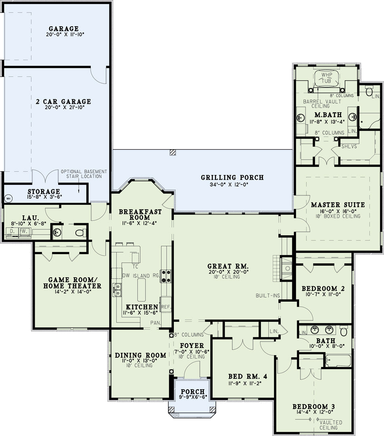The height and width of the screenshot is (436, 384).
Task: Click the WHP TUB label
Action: (326, 78)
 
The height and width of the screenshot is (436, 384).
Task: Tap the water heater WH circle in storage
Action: (8, 199)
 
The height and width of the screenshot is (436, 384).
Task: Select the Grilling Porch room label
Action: (232, 177)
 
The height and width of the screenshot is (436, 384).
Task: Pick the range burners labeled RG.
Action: (165, 277)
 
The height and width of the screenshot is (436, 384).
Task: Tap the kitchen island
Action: (141, 290)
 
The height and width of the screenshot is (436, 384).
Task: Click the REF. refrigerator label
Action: (166, 307)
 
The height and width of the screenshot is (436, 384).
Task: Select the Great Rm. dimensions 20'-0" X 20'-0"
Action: (228, 272)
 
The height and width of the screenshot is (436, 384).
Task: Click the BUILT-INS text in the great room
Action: (268, 296)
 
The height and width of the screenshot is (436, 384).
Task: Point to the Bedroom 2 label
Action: (323, 289)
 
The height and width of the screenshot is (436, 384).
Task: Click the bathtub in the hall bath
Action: (338, 361)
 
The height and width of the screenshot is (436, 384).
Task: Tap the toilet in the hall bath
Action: (344, 331)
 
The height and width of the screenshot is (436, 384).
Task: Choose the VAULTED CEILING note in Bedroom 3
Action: (330, 425)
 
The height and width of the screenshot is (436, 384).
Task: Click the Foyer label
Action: (192, 346)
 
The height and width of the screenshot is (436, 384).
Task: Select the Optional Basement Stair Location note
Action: (84, 174)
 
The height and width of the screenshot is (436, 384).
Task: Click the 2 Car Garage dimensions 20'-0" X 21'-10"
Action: (64, 107)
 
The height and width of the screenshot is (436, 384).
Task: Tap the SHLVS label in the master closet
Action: (349, 146)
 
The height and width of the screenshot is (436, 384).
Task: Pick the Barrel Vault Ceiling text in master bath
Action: (322, 104)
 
